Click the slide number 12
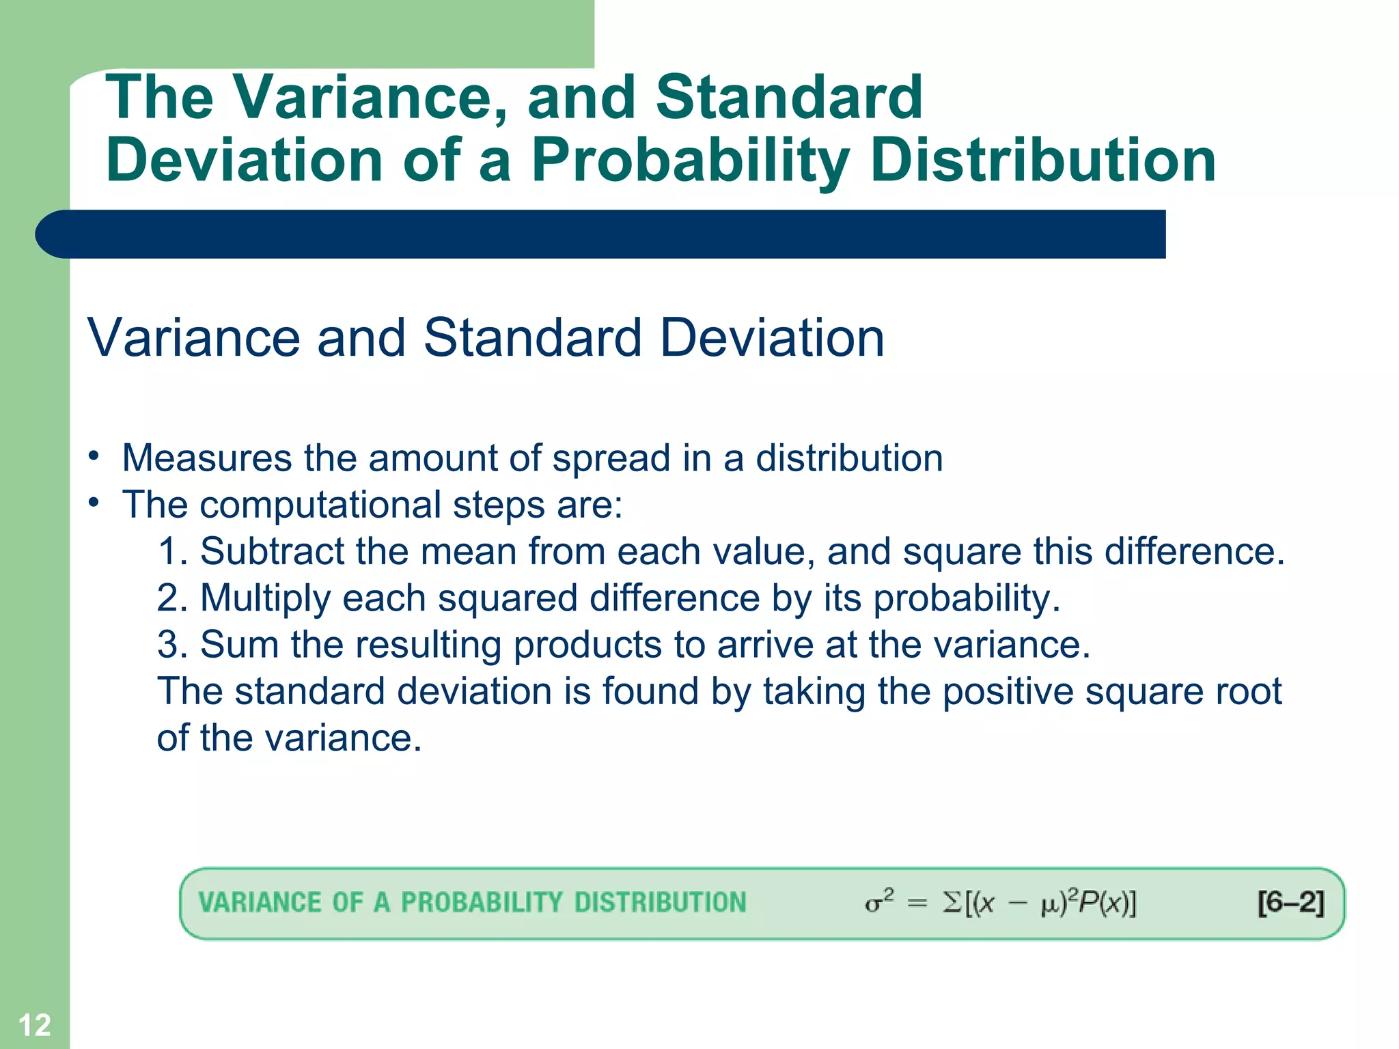point(34,1025)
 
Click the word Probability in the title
point(690,160)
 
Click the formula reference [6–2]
point(1290,903)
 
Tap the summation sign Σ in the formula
point(952,903)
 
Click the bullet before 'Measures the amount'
point(94,456)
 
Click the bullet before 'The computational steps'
point(94,503)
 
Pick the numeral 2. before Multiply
point(172,598)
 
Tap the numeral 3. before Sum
point(172,644)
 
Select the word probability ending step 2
point(966,598)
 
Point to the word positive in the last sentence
point(1008,691)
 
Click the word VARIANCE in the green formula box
point(260,903)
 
